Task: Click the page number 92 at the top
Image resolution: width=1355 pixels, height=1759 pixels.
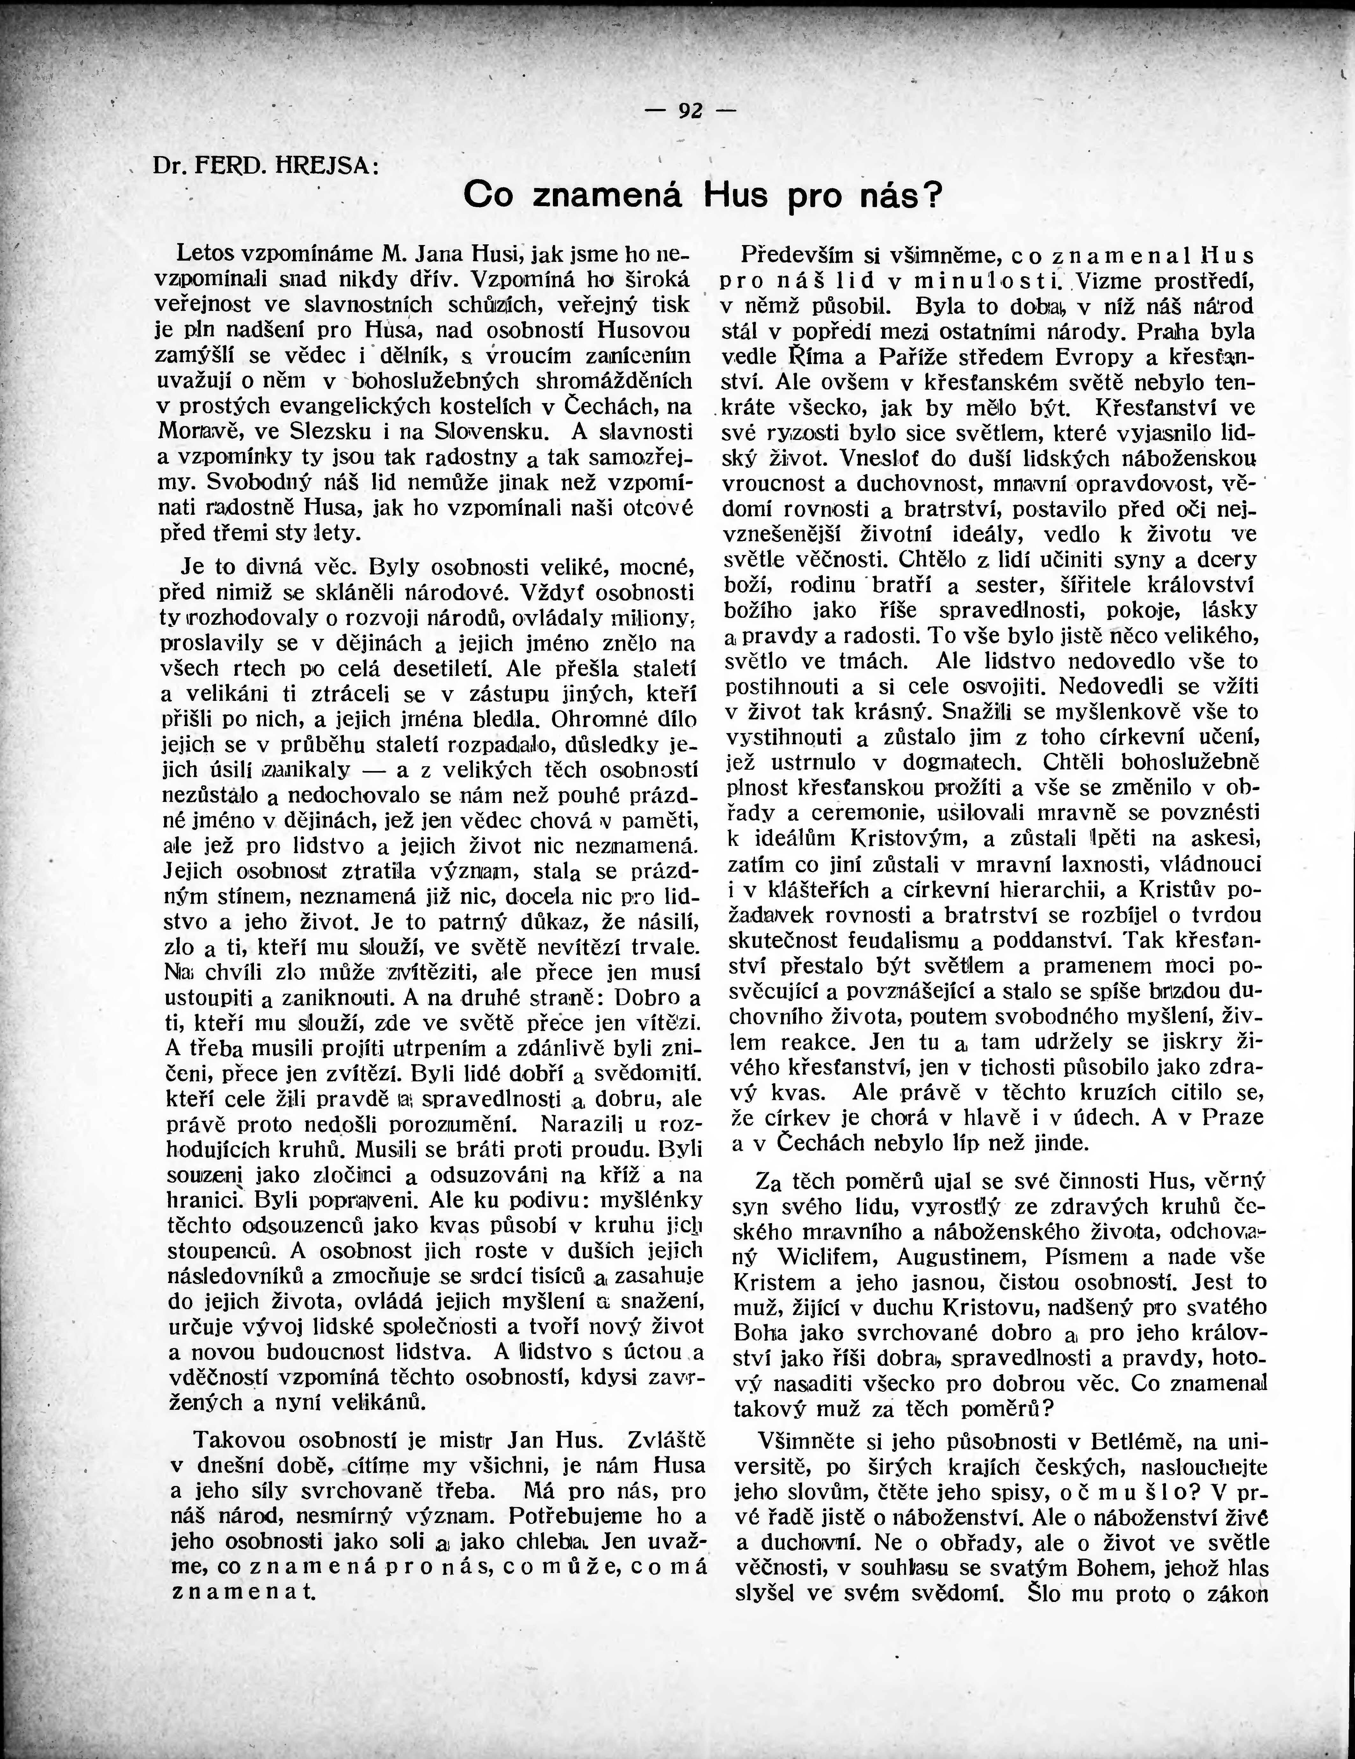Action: pyautogui.click(x=690, y=110)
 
